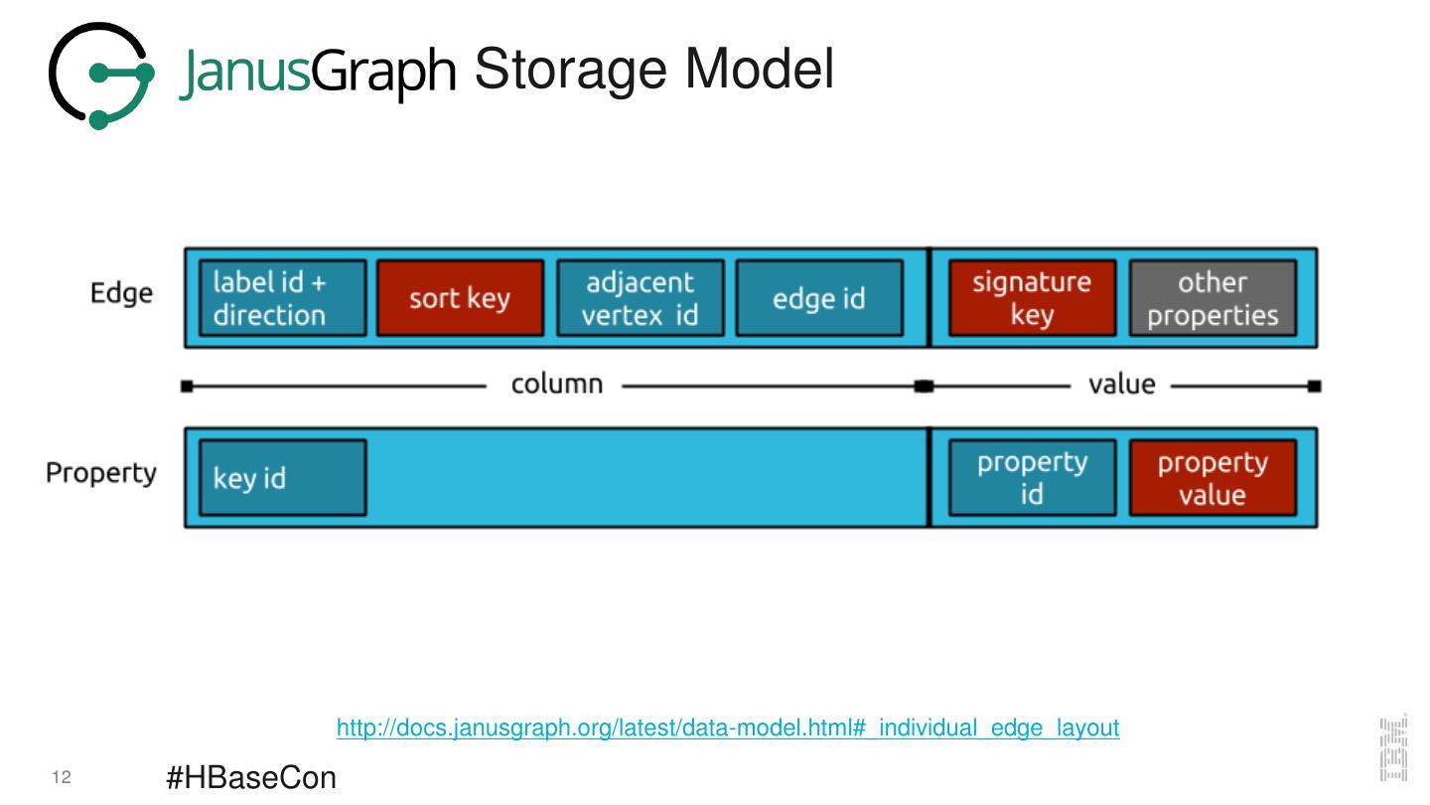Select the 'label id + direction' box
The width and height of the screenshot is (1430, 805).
(x=283, y=298)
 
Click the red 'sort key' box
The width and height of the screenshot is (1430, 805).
(x=460, y=298)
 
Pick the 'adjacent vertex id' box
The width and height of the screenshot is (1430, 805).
(x=641, y=298)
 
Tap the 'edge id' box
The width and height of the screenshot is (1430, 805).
(x=819, y=298)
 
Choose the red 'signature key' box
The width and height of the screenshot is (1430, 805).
(x=1032, y=298)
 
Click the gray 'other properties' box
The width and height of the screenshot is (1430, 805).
(x=1213, y=298)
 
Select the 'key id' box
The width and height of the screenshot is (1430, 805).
(x=283, y=478)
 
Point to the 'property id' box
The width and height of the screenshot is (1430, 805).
(x=1032, y=478)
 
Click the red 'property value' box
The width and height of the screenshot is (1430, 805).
(x=1213, y=478)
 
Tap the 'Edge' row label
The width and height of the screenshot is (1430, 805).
(x=121, y=294)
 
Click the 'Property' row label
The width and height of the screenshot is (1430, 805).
(x=101, y=473)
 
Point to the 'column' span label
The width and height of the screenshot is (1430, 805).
(x=556, y=385)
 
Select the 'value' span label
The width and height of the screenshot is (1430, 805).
(x=1121, y=385)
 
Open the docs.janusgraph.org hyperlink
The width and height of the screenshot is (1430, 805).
(x=728, y=728)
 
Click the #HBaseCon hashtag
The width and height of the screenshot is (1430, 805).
(x=251, y=778)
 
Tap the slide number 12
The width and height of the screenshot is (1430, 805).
(x=61, y=778)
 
